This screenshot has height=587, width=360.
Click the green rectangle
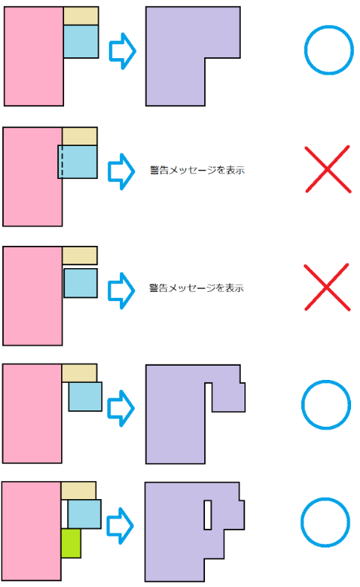coord(71,543)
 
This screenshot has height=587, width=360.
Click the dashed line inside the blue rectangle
coord(62,162)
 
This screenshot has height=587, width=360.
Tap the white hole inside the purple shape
coord(207,515)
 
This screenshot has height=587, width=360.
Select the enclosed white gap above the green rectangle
coord(64,514)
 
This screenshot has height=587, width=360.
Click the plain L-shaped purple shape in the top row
coord(175,56)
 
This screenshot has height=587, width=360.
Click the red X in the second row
coord(328,169)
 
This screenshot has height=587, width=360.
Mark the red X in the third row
coord(327,287)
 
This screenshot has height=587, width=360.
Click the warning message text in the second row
coord(198,171)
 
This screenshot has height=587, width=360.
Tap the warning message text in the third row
coord(197,288)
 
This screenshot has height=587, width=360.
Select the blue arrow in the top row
coord(122,51)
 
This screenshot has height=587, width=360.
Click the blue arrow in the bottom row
coord(120,526)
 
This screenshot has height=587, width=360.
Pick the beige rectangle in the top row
coord(81,16)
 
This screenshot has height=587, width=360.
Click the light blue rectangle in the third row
coord(80,283)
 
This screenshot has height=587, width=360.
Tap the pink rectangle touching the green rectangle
coord(31,531)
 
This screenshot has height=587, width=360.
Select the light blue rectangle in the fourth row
coord(86,396)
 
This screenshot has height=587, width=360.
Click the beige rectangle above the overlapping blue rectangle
coord(80,136)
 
